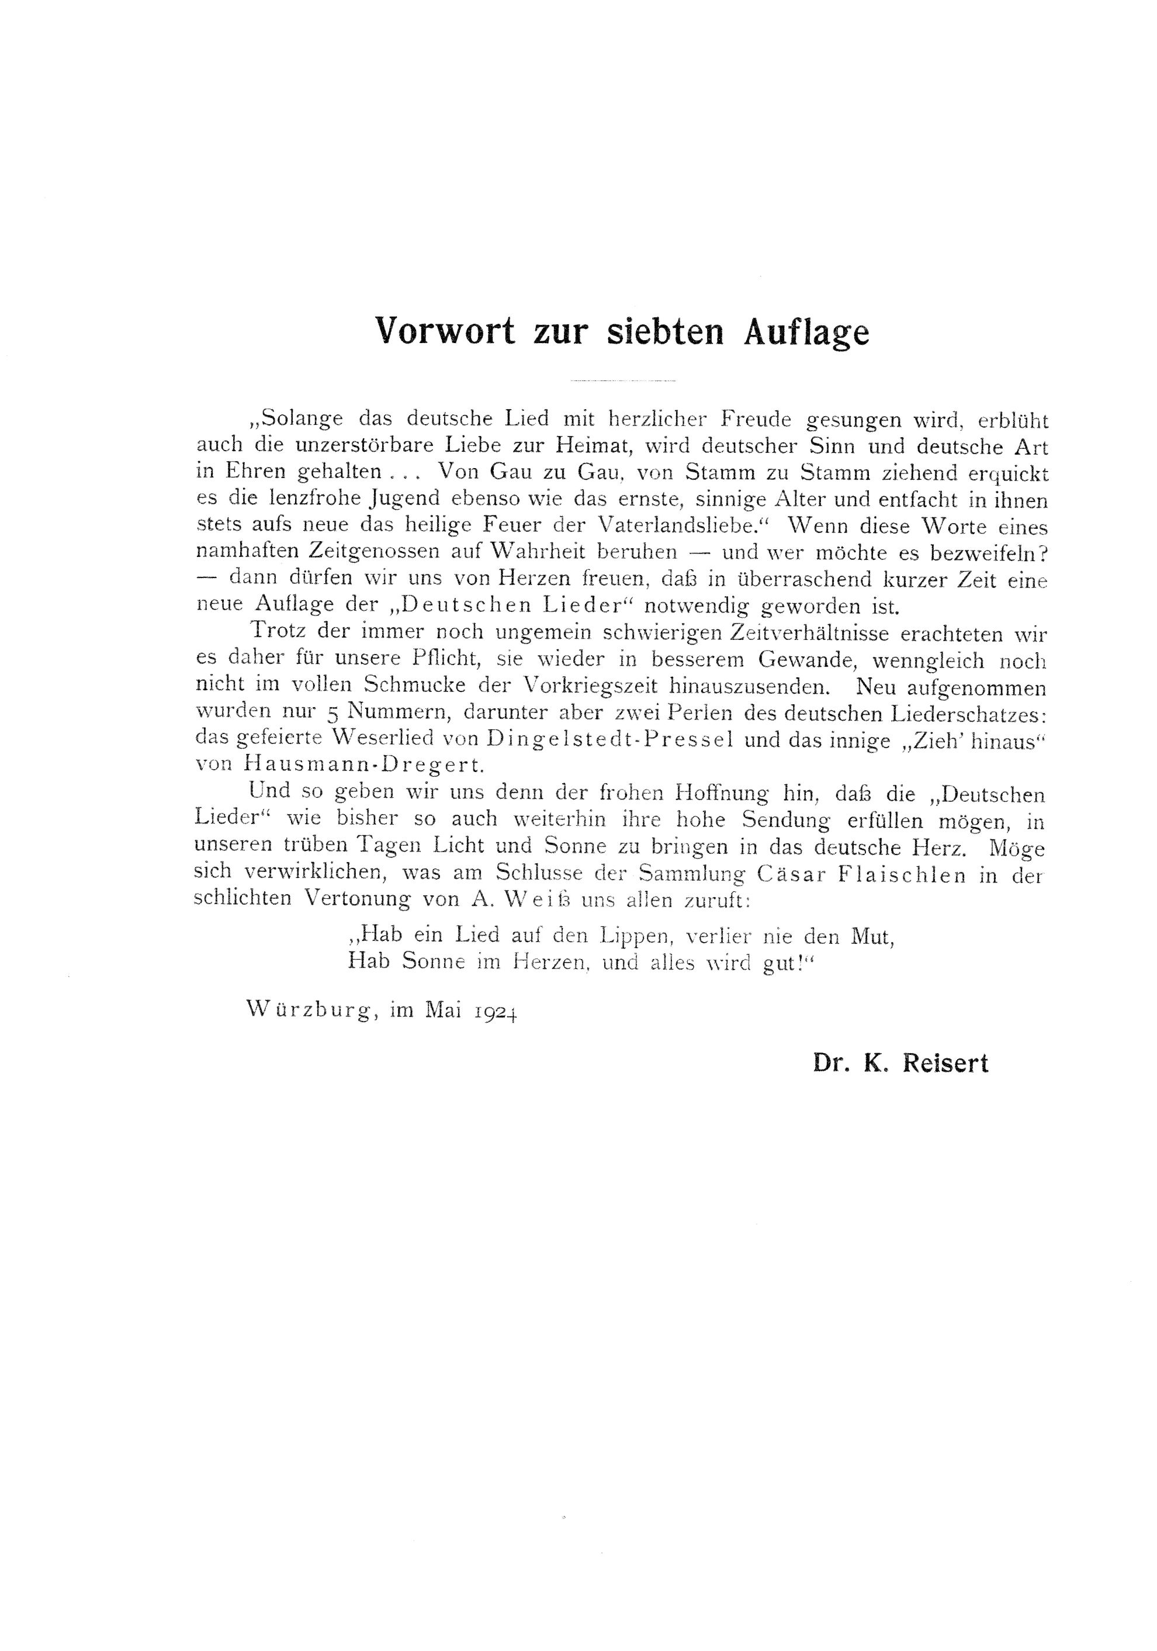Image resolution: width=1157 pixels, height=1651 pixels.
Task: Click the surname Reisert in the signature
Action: (x=945, y=1064)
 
